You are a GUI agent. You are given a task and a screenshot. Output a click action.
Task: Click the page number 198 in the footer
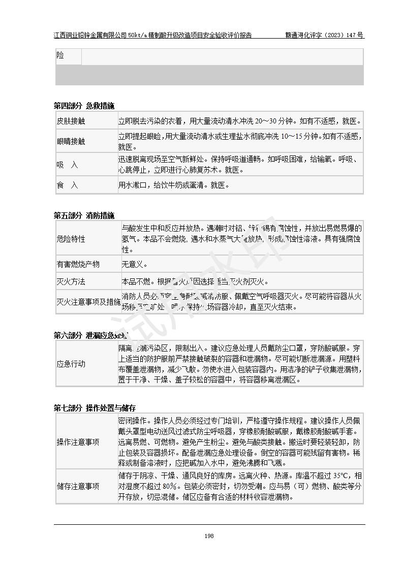point(208,535)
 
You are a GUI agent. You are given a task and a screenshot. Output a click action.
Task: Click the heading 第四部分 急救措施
point(84,106)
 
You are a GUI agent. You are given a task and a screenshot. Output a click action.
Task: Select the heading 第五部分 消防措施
point(84,215)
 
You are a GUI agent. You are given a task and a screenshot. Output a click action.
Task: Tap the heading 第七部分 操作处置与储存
point(95,408)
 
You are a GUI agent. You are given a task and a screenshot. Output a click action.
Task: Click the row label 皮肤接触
point(71,122)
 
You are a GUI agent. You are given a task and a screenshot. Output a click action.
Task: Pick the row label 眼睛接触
point(71,141)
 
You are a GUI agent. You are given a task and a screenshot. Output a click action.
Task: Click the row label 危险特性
point(71,239)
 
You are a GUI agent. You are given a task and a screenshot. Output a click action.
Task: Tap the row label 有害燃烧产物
point(78,264)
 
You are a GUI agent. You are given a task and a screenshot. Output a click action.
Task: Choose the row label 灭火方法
point(71,281)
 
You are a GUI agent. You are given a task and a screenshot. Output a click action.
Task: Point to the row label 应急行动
point(71,364)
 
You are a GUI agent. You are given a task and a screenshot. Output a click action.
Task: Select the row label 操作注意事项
point(78,442)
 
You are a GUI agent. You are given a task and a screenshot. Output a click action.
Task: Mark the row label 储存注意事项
point(78,486)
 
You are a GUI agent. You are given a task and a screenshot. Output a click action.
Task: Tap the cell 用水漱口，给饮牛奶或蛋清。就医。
point(174,185)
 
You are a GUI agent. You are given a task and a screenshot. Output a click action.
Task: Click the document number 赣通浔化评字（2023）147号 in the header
point(324,36)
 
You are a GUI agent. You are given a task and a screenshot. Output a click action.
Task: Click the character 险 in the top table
point(60,55)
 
